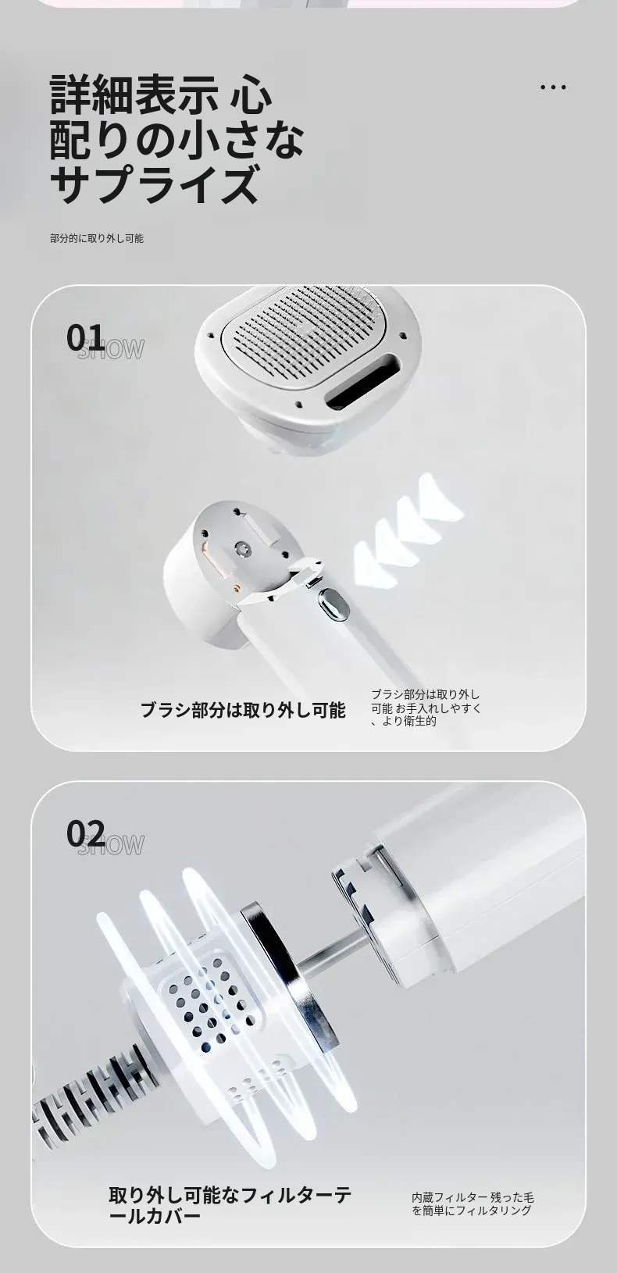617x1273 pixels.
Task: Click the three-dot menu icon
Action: coord(553,87)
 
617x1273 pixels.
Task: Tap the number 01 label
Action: coord(85,337)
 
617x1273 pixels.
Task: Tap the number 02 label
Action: coord(85,833)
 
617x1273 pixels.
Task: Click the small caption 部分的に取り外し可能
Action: coord(97,238)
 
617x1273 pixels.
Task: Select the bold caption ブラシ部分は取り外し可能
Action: coord(243,710)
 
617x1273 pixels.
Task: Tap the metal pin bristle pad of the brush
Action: coord(307,335)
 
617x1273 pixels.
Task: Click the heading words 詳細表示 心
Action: coord(161,94)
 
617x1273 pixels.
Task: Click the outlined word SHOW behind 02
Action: coord(111,845)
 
